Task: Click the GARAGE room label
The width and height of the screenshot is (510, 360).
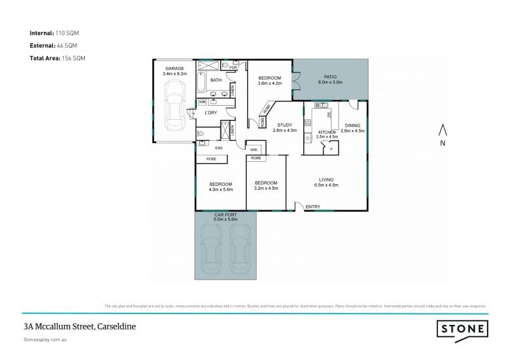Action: [175, 68]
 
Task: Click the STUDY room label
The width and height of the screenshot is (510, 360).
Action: [284, 125]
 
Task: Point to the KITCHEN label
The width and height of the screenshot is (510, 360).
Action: [327, 132]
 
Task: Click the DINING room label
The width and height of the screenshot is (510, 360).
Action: [353, 125]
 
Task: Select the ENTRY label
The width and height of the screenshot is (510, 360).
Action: [313, 206]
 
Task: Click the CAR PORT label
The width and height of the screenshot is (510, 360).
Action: [225, 215]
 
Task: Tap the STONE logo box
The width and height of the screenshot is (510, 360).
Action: [462, 329]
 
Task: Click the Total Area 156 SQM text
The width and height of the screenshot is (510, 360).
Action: [57, 58]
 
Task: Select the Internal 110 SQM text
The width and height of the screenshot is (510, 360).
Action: [54, 32]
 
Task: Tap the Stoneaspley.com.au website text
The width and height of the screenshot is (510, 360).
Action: [45, 341]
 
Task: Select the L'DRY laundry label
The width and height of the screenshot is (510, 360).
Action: [211, 113]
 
